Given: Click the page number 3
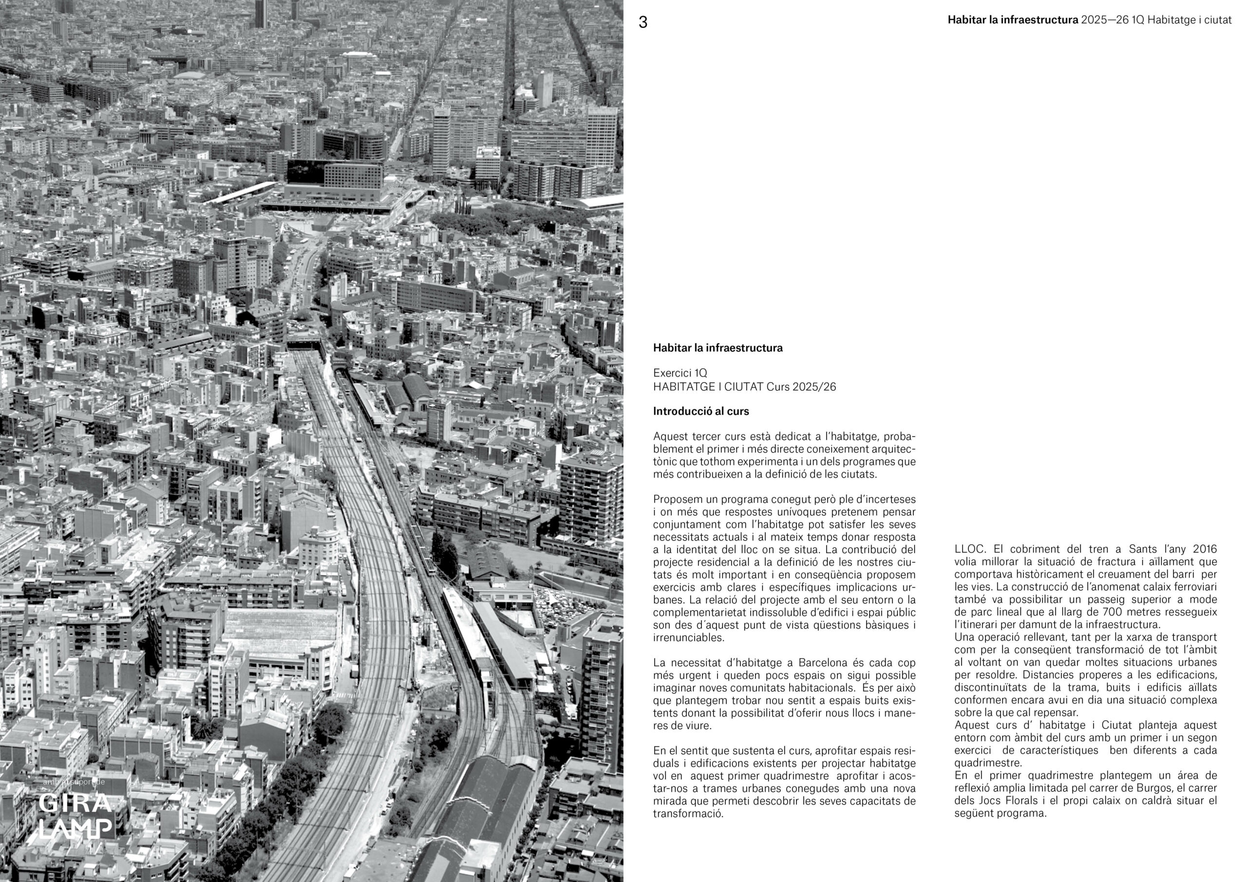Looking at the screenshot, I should [x=642, y=22].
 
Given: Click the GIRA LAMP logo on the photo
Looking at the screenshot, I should [x=76, y=816].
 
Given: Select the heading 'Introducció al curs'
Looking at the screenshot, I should [x=700, y=411].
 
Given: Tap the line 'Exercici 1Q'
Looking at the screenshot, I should [x=680, y=373].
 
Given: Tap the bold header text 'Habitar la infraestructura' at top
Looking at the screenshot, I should [x=1012, y=20].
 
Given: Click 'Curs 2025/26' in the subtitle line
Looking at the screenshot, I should [x=801, y=387].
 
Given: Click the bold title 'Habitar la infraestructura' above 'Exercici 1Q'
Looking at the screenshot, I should [x=718, y=348].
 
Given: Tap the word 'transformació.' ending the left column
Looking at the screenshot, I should [x=688, y=813].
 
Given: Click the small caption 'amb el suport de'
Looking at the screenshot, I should [x=74, y=782].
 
